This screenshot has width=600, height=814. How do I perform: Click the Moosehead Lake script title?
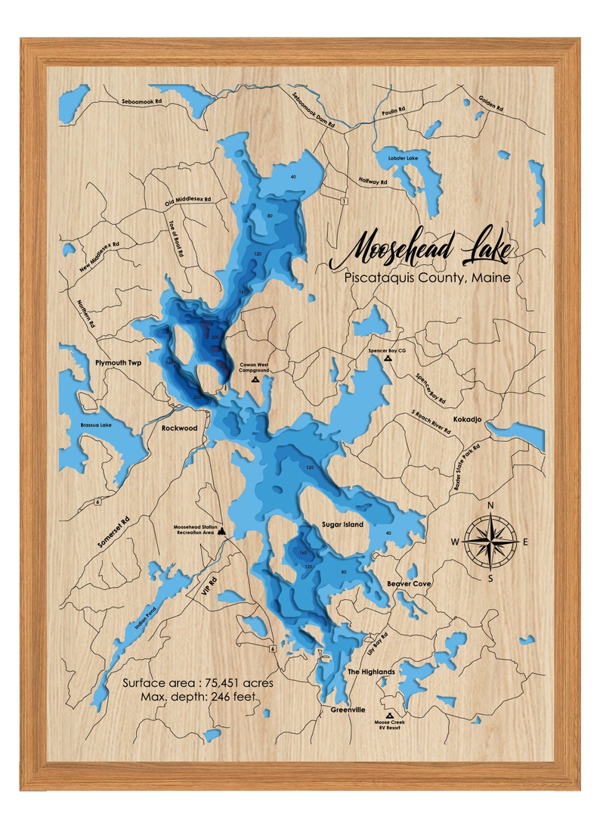coord(419,251)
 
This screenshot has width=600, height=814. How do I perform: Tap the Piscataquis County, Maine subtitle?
coord(427,278)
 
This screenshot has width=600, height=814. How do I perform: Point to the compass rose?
coord(490,541)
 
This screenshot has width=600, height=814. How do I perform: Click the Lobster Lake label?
coord(392,159)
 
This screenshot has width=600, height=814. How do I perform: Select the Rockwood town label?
coord(179,428)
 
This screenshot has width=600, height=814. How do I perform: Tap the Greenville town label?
coord(348,710)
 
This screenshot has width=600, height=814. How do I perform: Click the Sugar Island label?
coord(342,524)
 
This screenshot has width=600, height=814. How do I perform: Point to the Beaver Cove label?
coord(409,584)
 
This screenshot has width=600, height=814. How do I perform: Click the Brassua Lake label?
coord(97,425)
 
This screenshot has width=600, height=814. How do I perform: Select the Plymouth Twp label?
coord(119,363)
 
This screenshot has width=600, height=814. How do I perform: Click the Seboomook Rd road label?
coord(142,101)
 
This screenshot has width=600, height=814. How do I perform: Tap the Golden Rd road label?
coord(490,104)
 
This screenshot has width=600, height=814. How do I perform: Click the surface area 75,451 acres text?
coord(198,683)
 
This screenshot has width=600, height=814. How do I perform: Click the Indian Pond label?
coord(147,617)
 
